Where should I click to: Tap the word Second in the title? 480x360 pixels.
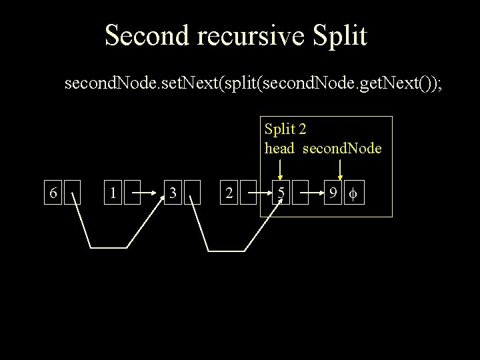[x=146, y=35]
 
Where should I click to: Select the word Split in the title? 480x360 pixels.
[x=338, y=35]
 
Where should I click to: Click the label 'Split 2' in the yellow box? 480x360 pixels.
[x=285, y=127]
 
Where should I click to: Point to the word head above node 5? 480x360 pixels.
[x=279, y=148]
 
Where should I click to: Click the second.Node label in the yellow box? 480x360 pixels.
[x=342, y=148]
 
